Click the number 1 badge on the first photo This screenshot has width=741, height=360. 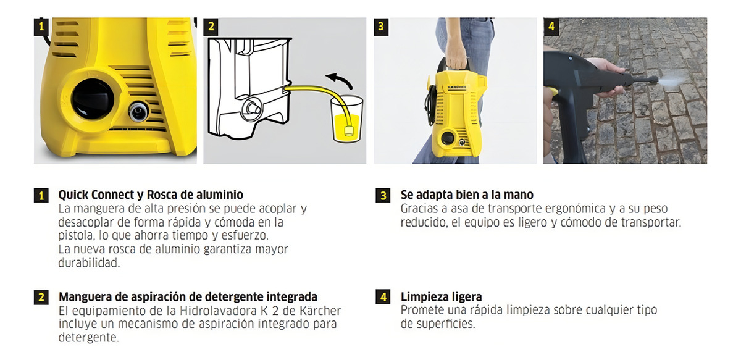pyautogui.click(x=41, y=27)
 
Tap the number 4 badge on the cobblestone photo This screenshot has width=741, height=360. pyautogui.click(x=551, y=27)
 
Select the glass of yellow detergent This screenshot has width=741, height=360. pyautogui.click(x=346, y=119)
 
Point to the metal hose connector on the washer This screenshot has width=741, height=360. pyautogui.click(x=138, y=111)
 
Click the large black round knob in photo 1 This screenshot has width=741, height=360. pyautogui.click(x=93, y=99)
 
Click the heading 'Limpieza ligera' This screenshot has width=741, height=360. pyautogui.click(x=441, y=297)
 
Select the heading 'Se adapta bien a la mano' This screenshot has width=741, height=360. pyautogui.click(x=467, y=195)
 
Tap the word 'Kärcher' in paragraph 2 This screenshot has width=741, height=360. pyautogui.click(x=320, y=311)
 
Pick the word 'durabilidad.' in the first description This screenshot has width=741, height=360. pyautogui.click(x=89, y=263)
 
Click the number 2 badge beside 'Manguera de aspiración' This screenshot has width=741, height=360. pyautogui.click(x=41, y=297)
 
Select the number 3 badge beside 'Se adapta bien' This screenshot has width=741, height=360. pyautogui.click(x=383, y=195)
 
